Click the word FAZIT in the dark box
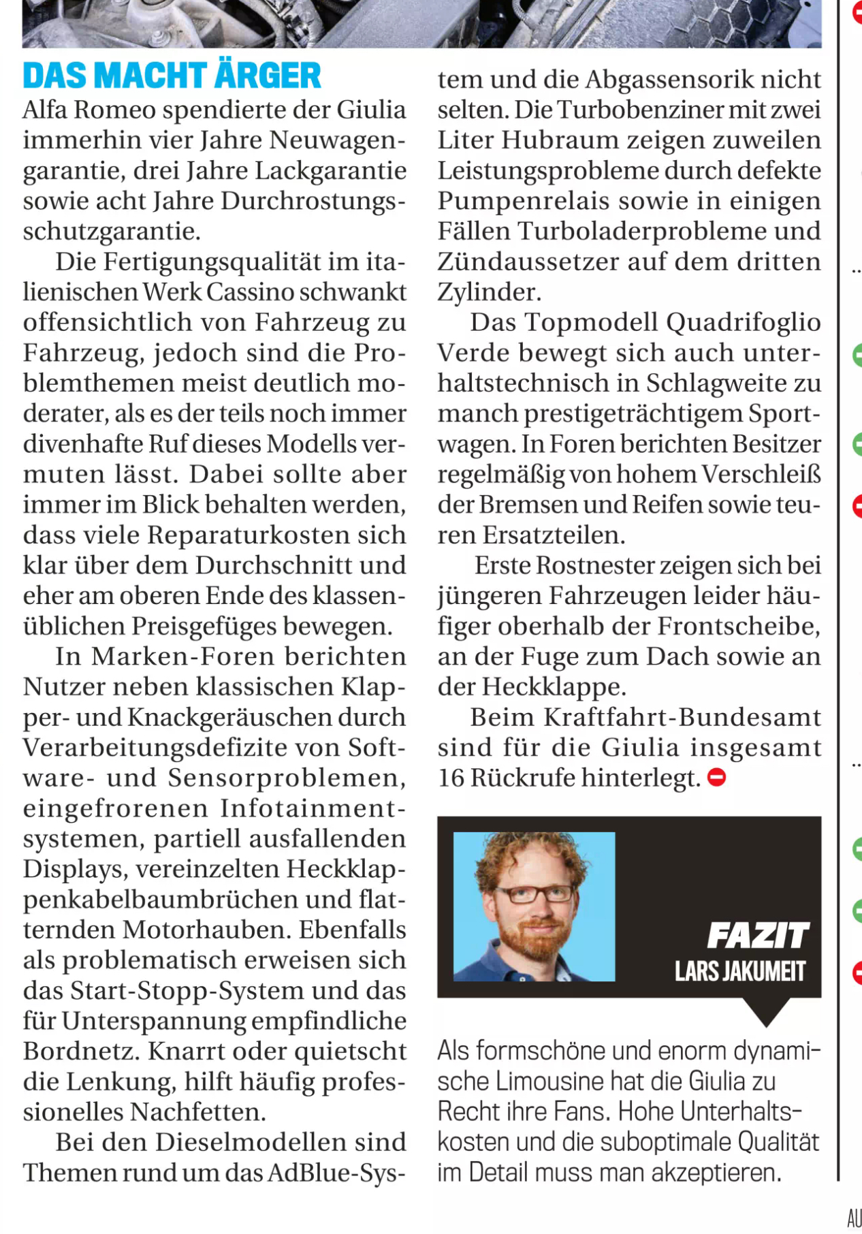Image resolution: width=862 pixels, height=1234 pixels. pyautogui.click(x=758, y=936)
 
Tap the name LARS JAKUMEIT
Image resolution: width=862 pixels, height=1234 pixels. pyautogui.click(x=740, y=971)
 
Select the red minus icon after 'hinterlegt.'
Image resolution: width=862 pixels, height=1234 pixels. pyautogui.click(x=717, y=777)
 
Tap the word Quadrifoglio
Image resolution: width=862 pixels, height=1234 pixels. pyautogui.click(x=744, y=323)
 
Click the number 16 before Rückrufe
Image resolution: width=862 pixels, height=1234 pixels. pyautogui.click(x=450, y=778)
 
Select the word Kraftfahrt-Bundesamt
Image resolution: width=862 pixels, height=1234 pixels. pyautogui.click(x=682, y=717)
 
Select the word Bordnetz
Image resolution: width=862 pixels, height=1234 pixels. pyautogui.click(x=80, y=1051)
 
